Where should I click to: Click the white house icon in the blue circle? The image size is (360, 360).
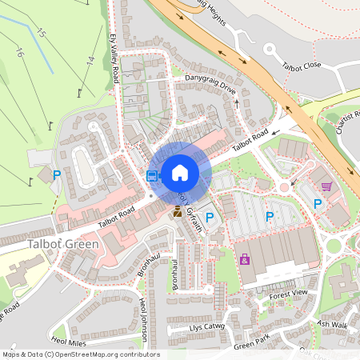pos(180,172)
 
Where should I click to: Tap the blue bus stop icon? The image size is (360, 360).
pos(152,175)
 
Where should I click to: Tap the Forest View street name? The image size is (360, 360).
pos(288,294)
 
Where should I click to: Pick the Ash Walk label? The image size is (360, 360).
pos(332,324)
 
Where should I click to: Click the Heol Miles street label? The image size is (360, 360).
pos(69,342)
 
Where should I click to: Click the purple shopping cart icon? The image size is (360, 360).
pos(326,186)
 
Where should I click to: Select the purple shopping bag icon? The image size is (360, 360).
pos(244,259)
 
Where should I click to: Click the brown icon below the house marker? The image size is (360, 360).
pos(178,211)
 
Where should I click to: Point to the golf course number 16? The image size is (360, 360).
pos(20,54)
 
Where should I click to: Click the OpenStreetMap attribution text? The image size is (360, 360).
pos(80,354)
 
